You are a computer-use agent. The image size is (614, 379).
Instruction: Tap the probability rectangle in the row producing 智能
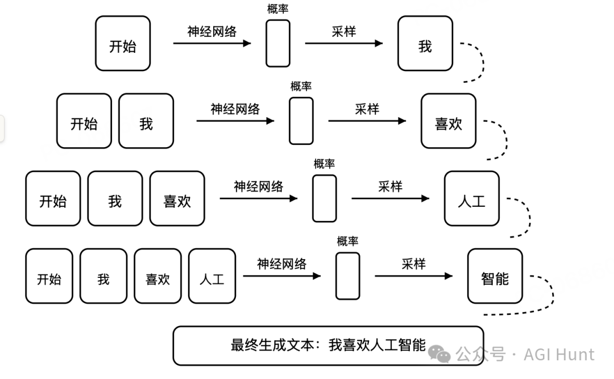(x=347, y=276)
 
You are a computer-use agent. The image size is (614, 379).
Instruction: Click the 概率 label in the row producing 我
(x=278, y=9)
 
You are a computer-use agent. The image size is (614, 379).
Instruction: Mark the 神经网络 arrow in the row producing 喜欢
(x=235, y=120)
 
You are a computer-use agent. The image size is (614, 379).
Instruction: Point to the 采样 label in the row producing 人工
(x=390, y=186)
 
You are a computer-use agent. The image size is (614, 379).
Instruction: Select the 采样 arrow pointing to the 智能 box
(x=413, y=276)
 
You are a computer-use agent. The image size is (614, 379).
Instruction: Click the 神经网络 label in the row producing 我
(x=211, y=31)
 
